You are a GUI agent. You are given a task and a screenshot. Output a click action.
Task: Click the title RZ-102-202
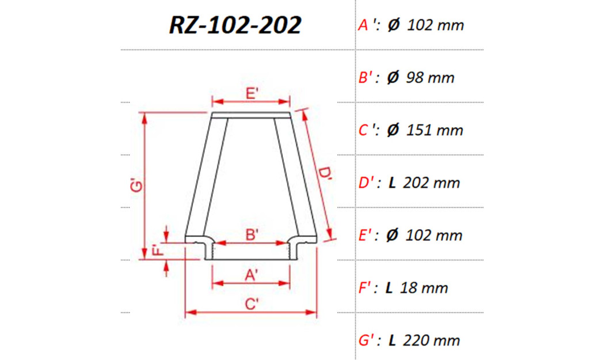(235, 25)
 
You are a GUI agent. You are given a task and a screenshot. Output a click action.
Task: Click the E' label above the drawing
(252, 94)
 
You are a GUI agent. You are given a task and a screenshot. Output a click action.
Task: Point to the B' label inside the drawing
(252, 234)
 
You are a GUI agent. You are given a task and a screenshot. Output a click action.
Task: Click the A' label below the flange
(252, 275)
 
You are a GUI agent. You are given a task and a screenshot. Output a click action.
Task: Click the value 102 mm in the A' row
(435, 25)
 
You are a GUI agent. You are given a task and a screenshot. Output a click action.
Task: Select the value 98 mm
(430, 78)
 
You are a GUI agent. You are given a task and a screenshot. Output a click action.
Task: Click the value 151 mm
(435, 130)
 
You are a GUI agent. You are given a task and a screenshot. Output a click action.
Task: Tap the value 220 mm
(432, 340)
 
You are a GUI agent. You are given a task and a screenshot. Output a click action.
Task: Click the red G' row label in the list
(367, 340)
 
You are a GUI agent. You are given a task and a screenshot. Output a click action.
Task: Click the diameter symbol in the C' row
(393, 130)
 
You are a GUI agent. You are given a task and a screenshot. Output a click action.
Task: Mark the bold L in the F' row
(389, 288)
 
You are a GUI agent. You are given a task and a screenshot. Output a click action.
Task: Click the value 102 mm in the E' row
(434, 236)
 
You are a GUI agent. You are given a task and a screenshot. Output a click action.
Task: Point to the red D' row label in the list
(367, 183)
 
